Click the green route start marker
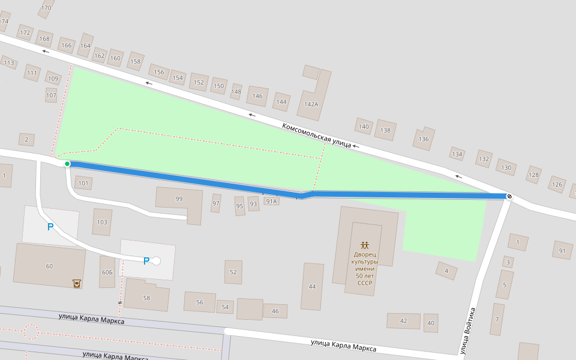pyautogui.click(x=67, y=164)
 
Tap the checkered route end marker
pyautogui.click(x=509, y=196)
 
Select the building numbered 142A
pyautogui.click(x=311, y=104)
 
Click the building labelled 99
pyautogui.click(x=179, y=199)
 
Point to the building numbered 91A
pyautogui.click(x=272, y=202)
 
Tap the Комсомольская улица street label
pyautogui.click(x=316, y=135)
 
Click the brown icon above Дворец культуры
pyautogui.click(x=365, y=245)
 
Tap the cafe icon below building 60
pyautogui.click(x=77, y=283)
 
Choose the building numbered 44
pyautogui.click(x=312, y=287)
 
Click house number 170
pyautogui.click(x=46, y=8)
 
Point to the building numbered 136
pyautogui.click(x=424, y=139)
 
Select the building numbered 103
pyautogui.click(x=102, y=222)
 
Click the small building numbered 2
pyautogui.click(x=26, y=140)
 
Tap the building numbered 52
pyautogui.click(x=233, y=272)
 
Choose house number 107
pyautogui.click(x=51, y=95)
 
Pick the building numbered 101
pyautogui.click(x=83, y=183)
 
